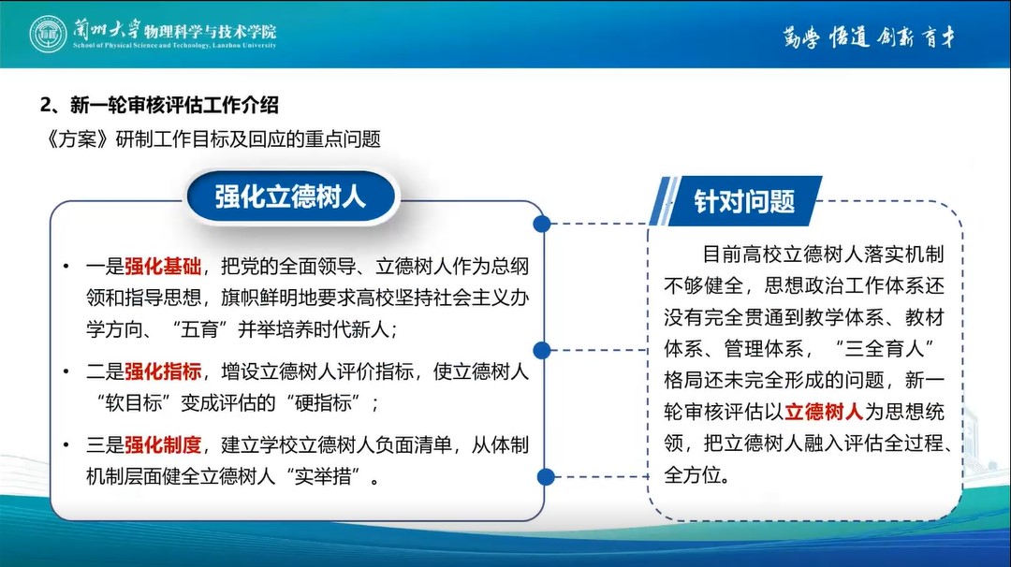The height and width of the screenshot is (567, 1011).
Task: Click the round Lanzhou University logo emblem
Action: [48, 34]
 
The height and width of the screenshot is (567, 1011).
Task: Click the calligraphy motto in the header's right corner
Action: [869, 37]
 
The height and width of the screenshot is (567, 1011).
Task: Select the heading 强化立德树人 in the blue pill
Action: [290, 196]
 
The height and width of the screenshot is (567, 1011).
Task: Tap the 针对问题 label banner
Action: [744, 202]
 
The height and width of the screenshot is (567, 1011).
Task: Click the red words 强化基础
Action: [163, 266]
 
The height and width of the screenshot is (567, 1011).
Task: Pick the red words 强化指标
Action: [163, 371]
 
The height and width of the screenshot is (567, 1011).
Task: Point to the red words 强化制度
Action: [163, 445]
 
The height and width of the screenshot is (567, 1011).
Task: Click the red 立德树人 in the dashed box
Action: [824, 412]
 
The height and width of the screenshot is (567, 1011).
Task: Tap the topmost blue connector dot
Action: [542, 224]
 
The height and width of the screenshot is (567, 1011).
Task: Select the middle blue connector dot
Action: [542, 350]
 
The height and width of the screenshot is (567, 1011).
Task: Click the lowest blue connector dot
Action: [546, 477]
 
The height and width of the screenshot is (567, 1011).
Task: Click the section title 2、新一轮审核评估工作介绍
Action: [159, 105]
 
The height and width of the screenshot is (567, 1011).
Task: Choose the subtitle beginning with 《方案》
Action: [212, 139]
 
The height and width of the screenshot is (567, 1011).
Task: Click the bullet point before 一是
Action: [66, 266]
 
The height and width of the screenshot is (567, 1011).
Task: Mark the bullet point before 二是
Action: [66, 371]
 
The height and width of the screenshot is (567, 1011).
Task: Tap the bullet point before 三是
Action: [66, 445]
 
